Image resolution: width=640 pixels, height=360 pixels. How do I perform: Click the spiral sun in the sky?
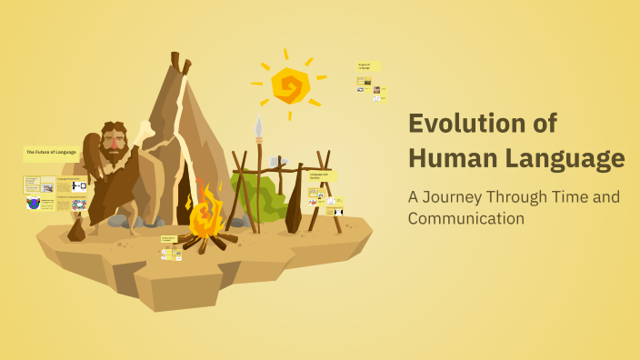click(291, 85)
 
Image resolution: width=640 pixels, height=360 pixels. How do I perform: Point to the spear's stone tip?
click(258, 126)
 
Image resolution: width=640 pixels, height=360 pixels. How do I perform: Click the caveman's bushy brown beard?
click(113, 159)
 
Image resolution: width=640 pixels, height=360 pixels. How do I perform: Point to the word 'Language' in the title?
click(565, 158)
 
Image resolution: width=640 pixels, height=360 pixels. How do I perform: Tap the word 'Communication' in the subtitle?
click(466, 218)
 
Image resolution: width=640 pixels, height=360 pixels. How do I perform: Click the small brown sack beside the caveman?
click(76, 230)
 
